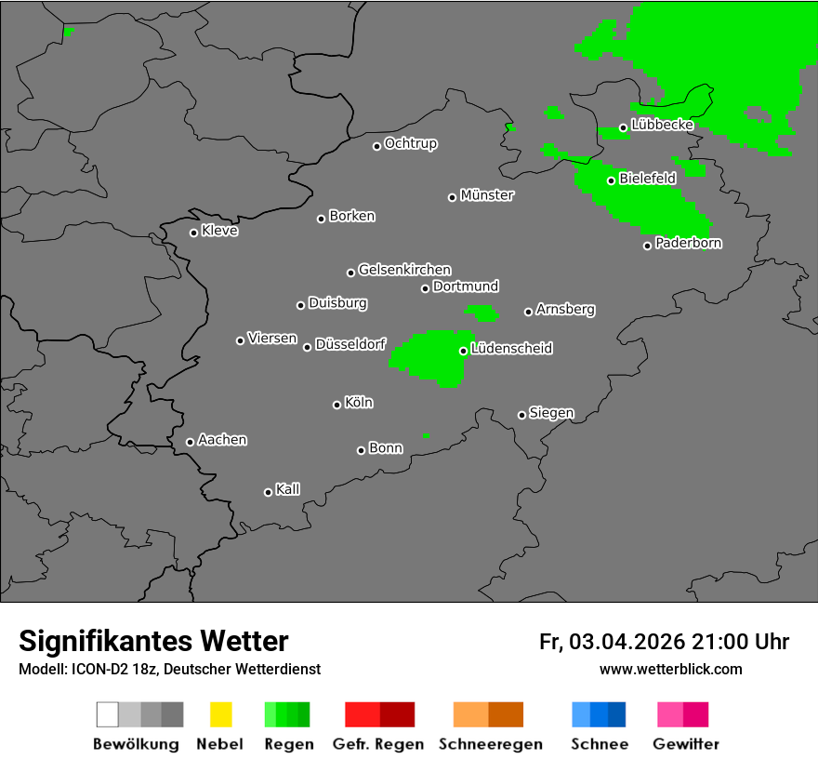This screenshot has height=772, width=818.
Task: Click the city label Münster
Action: pyautogui.click(x=487, y=195)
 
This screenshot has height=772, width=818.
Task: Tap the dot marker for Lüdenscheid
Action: pyautogui.click(x=463, y=351)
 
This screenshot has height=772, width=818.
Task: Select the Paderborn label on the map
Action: pyautogui.click(x=688, y=243)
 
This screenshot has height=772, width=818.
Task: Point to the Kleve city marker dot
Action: pyautogui.click(x=193, y=233)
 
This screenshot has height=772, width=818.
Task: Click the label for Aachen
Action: pyautogui.click(x=222, y=440)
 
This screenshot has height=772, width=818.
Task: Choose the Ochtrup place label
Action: pyautogui.click(x=411, y=144)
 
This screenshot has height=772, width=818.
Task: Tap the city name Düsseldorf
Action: pyautogui.click(x=350, y=344)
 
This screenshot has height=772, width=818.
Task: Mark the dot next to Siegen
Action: pyautogui.click(x=521, y=415)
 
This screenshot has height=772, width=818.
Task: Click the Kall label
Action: pyautogui.click(x=288, y=489)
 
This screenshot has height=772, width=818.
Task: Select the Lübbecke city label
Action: pyautogui.click(x=662, y=125)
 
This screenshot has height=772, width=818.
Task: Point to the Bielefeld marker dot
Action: pyautogui.click(x=611, y=180)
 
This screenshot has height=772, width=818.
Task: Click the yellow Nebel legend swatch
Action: pyautogui.click(x=220, y=714)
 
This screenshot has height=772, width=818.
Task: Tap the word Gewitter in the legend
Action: pyautogui.click(x=686, y=744)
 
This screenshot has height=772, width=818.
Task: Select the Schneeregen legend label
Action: pyautogui.click(x=491, y=744)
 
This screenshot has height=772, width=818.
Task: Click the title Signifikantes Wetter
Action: pyautogui.click(x=153, y=641)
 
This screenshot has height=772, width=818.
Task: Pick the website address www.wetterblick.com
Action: pyautogui.click(x=671, y=669)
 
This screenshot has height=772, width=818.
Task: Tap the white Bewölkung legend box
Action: pyautogui.click(x=107, y=714)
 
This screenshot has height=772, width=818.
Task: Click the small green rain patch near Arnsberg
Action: pyautogui.click(x=482, y=312)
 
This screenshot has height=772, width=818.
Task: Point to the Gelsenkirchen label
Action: pyautogui.click(x=404, y=270)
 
